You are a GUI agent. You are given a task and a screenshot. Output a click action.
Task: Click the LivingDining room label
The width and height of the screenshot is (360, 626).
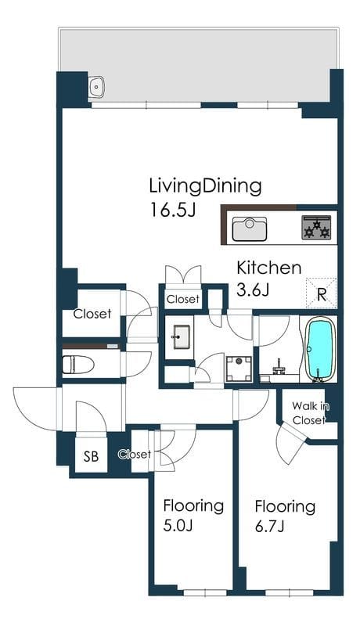205,186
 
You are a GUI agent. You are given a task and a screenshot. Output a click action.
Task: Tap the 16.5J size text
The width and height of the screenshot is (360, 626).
172,210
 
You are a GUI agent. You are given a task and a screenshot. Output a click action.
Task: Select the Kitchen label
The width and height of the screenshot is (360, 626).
269,268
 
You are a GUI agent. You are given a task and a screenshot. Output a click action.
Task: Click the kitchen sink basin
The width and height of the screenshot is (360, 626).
250,228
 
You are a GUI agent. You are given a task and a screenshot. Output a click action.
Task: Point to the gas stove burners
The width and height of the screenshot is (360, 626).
316,227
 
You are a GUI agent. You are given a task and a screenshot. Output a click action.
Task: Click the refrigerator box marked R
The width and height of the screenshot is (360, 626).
322,293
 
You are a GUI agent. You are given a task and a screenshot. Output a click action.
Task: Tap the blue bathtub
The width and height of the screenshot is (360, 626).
319,348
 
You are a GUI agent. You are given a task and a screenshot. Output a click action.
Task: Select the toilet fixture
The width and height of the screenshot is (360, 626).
78,364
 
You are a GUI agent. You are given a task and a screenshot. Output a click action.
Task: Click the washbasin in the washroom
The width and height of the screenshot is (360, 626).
182,336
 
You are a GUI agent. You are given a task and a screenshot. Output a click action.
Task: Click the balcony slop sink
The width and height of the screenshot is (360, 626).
96,86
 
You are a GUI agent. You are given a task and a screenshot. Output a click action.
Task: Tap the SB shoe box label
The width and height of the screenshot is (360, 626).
91,456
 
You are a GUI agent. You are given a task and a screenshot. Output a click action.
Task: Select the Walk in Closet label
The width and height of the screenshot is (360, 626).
310,413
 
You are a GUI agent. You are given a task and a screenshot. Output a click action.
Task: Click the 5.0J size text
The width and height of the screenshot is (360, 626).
178,526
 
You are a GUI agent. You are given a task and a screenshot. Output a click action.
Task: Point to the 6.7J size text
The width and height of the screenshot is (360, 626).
269,527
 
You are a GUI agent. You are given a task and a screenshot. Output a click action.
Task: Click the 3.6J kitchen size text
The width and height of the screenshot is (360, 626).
253,290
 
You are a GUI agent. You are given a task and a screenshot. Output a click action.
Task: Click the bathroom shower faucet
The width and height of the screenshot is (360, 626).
279,366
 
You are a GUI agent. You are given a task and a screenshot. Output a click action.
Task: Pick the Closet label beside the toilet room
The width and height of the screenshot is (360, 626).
92,314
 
